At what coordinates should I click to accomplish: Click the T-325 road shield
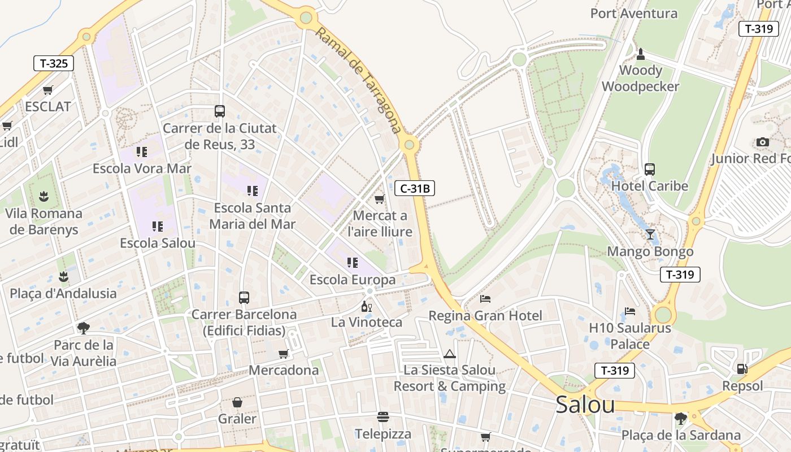coord(54,63)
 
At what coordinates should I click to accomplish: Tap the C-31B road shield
coord(415,188)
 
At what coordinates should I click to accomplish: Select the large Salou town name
coord(585,405)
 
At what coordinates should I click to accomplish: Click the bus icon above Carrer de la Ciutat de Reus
coord(220,111)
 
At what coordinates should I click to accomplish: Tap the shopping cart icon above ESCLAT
coord(48,90)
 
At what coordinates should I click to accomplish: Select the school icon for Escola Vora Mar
coord(141,151)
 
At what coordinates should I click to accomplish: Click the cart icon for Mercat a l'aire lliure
coord(380,199)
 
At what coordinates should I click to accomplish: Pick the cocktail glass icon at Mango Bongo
coord(650,234)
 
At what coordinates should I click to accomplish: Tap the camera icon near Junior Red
coord(763,142)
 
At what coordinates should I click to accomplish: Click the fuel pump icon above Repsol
coord(742,369)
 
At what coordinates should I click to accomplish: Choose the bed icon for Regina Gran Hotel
coord(485,298)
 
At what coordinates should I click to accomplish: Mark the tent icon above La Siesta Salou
coord(450,354)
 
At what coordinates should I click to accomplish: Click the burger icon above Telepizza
coord(383,417)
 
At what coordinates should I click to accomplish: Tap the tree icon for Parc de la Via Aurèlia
coord(84,328)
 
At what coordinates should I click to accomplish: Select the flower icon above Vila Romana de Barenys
coord(44,196)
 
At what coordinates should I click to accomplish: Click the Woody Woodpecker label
coord(640,79)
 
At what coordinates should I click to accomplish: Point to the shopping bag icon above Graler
coord(237,402)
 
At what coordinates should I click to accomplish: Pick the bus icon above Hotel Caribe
coord(650,169)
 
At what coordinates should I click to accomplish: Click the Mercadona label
coord(284,370)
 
